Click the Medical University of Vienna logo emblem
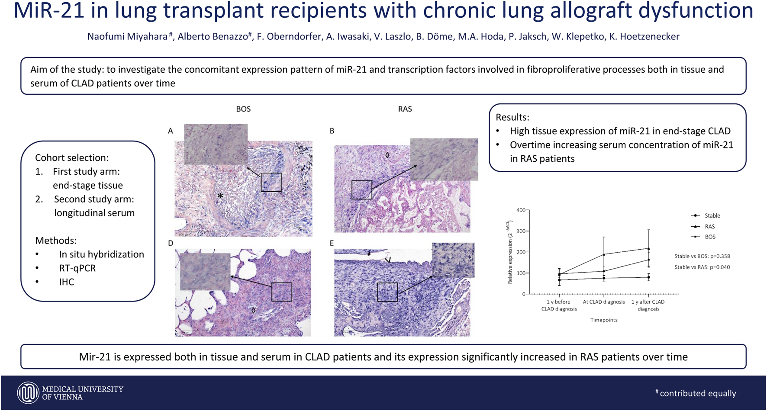pos(28,393)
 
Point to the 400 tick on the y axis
pos(521,210)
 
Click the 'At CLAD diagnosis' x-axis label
pos(604,302)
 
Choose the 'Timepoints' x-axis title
pos(604,320)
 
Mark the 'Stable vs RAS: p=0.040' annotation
pos(702,267)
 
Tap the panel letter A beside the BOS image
pos(171,131)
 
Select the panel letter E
pos(332,243)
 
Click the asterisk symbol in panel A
pos(220,196)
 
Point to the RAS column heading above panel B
pos(405,109)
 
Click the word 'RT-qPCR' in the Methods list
pos(77,268)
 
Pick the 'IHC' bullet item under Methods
pos(67,282)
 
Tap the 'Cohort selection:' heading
pos(72,157)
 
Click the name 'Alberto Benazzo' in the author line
pos(213,37)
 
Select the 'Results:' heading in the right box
pos(512,117)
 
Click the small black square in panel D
pos(282,292)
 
